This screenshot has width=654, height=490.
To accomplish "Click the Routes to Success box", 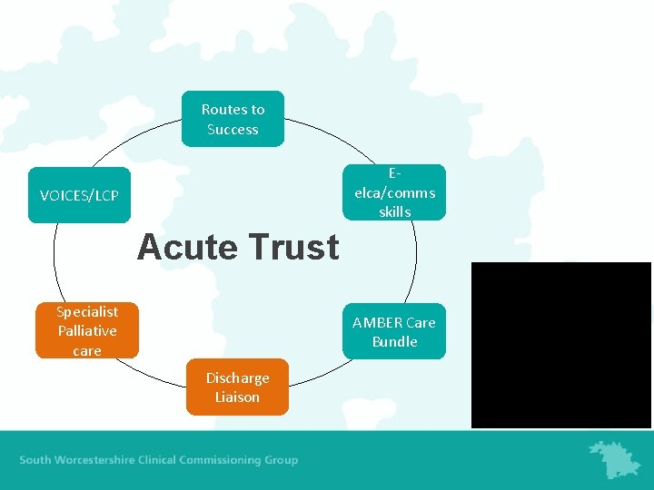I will click(x=233, y=119).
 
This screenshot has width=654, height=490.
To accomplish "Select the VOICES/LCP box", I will click(x=79, y=195).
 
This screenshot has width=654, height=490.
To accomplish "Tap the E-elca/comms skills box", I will click(x=394, y=192).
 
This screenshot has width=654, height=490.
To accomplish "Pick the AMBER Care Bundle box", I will click(x=394, y=331).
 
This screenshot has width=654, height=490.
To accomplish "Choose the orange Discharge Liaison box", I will click(x=237, y=387).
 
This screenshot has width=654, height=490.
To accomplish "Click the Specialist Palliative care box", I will click(x=87, y=330).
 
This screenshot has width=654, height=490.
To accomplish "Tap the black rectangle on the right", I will click(x=560, y=345).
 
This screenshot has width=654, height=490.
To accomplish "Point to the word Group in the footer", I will click(x=281, y=460).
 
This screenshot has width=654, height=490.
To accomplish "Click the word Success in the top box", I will click(x=233, y=129).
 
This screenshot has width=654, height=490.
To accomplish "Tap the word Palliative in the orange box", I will click(x=87, y=330).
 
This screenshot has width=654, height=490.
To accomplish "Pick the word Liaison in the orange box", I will click(x=237, y=397).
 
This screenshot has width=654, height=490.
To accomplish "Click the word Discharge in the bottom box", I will click(x=237, y=377).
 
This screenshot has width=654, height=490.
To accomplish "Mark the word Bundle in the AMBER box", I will click(x=394, y=341).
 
